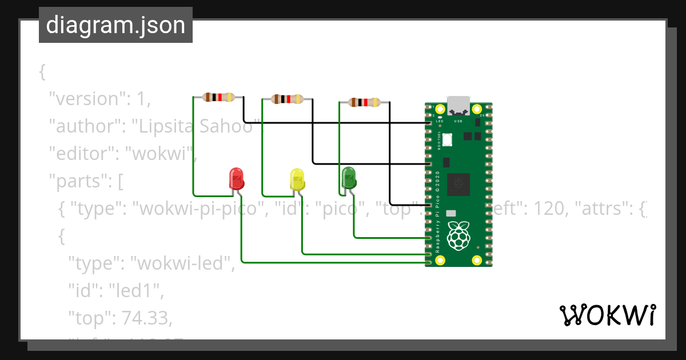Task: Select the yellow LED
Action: (297, 179)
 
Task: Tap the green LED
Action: (348, 177)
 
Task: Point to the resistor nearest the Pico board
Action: (364, 103)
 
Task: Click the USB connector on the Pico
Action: (458, 105)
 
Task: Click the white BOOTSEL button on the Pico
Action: (446, 138)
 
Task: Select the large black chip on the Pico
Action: (458, 183)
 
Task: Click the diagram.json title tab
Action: (115, 26)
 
